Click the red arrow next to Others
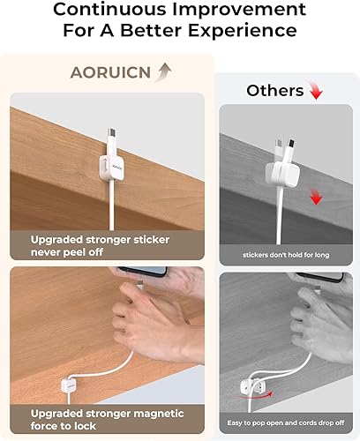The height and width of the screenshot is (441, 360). point(316,92)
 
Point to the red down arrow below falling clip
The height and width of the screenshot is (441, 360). point(315,200)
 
